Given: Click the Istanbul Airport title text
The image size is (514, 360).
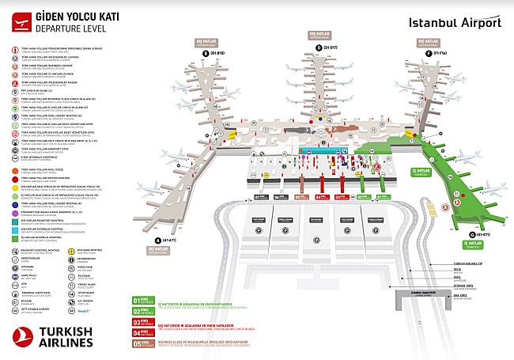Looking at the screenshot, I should coord(455,22).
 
